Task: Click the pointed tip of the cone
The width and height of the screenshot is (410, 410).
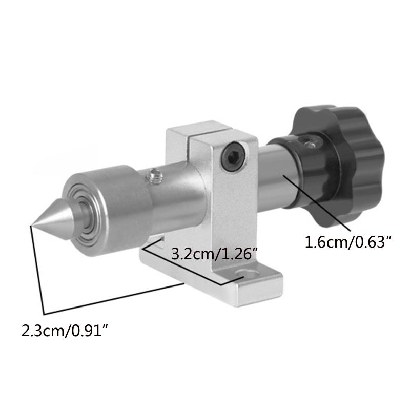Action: point(32,224)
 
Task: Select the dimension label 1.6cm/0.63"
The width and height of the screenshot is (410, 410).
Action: point(344,241)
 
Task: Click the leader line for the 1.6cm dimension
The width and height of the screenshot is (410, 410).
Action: point(318,202)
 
